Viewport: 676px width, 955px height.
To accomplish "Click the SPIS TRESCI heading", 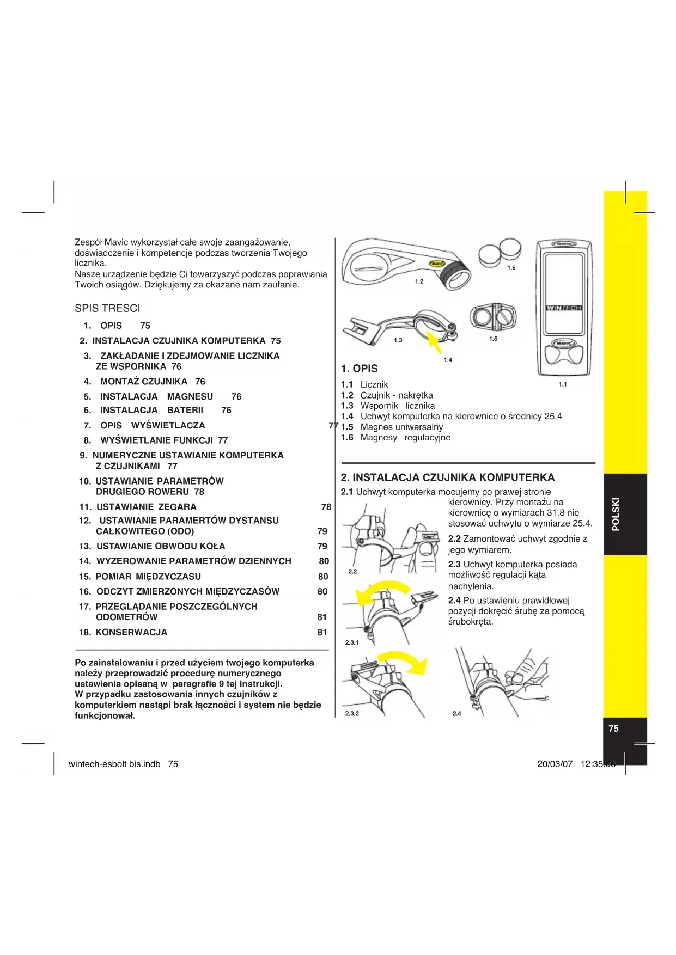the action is pyautogui.click(x=107, y=308).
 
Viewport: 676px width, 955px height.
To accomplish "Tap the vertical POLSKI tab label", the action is pyautogui.click(x=616, y=514).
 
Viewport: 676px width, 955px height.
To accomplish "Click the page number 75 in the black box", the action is pyautogui.click(x=613, y=729).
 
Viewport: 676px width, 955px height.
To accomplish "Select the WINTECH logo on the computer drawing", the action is pyautogui.click(x=564, y=308).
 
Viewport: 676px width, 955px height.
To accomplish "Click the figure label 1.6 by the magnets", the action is pyautogui.click(x=511, y=268).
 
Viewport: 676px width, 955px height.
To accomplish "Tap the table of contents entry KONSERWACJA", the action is pyautogui.click(x=131, y=632).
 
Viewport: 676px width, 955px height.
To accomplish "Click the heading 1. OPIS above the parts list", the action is pyautogui.click(x=359, y=369).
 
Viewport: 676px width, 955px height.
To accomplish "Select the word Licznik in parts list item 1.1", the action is pyautogui.click(x=374, y=384).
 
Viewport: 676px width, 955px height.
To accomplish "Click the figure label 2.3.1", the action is pyautogui.click(x=352, y=642).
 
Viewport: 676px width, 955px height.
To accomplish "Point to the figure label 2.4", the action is pyautogui.click(x=456, y=713).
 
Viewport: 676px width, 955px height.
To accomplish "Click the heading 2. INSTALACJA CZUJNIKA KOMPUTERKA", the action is pyautogui.click(x=447, y=477).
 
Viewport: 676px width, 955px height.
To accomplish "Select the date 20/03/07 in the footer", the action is pyautogui.click(x=555, y=764).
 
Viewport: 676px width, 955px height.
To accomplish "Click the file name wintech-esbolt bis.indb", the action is pyautogui.click(x=114, y=764).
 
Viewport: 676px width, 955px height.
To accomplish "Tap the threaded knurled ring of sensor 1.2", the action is pyautogui.click(x=454, y=274).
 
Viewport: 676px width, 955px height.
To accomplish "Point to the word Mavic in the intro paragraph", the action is pyautogui.click(x=116, y=242).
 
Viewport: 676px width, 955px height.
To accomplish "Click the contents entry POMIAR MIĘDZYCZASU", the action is pyautogui.click(x=148, y=577).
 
